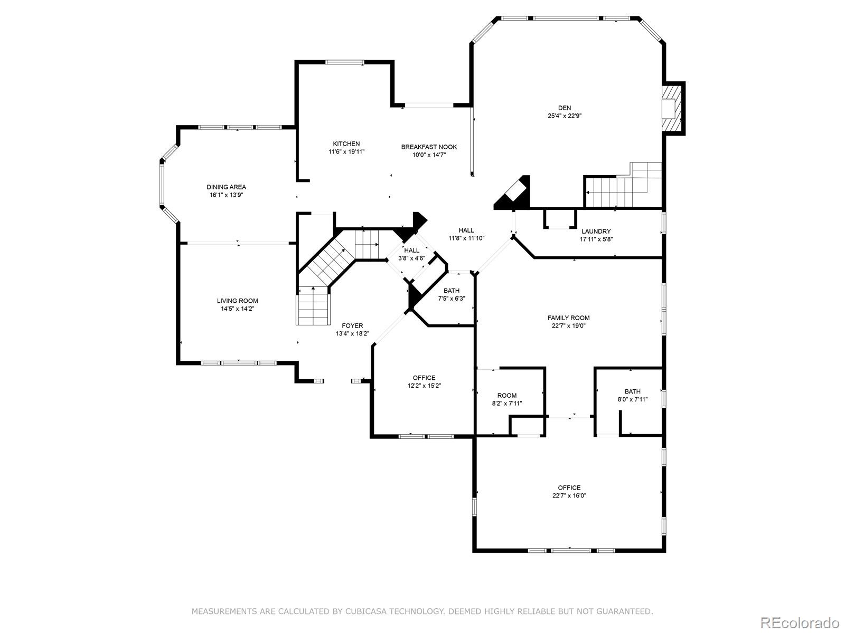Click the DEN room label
tap(565, 108)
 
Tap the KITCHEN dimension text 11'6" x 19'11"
tap(346, 151)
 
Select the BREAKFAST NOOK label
tap(429, 147)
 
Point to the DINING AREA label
tap(226, 187)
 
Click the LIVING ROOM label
tap(237, 301)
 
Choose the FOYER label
tap(352, 325)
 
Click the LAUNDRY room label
tap(596, 231)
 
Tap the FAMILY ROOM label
tap(568, 318)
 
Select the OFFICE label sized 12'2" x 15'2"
tap(424, 378)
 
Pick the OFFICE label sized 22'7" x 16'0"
tap(569, 487)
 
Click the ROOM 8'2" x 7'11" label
tap(507, 396)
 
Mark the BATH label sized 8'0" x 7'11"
tap(632, 391)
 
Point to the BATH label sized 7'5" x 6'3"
tap(452, 291)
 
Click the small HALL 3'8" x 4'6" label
tap(411, 251)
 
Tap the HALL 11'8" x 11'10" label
tap(466, 230)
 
